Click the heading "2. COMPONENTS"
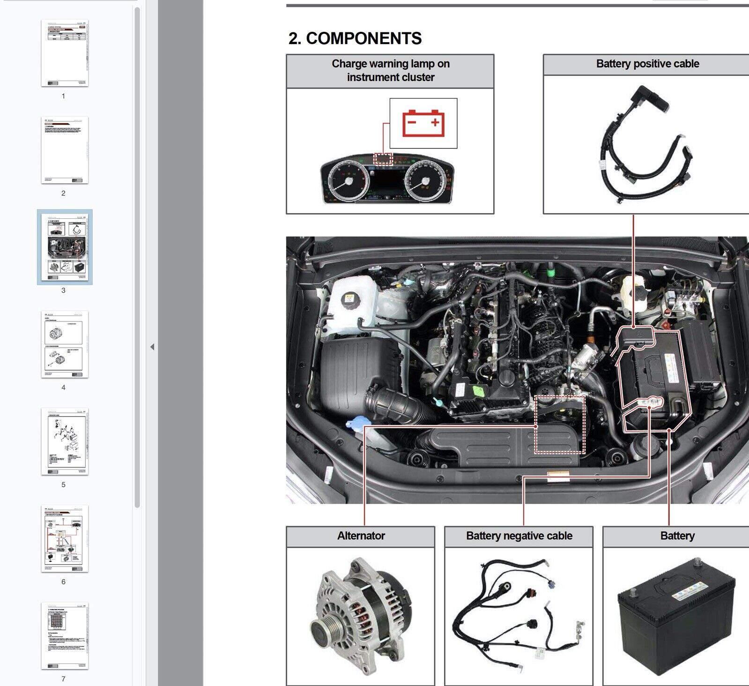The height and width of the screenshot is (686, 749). click(x=355, y=38)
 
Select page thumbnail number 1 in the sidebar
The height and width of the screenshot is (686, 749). click(x=64, y=53)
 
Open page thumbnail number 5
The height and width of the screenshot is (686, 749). click(x=64, y=441)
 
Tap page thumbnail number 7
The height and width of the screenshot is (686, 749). click(x=64, y=636)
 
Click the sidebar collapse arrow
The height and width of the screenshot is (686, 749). click(x=152, y=347)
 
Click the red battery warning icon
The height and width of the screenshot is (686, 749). click(x=423, y=123)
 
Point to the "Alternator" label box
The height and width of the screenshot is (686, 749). click(x=361, y=536)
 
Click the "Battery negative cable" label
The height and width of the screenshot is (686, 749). click(x=519, y=536)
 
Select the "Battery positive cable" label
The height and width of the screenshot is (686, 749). click(x=647, y=64)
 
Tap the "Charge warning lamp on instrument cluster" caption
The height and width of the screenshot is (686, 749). click(x=390, y=71)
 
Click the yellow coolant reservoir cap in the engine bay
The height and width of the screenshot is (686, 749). click(x=349, y=298)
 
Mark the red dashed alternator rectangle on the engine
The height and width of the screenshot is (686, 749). click(x=560, y=425)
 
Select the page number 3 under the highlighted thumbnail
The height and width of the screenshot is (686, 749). click(x=64, y=291)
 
